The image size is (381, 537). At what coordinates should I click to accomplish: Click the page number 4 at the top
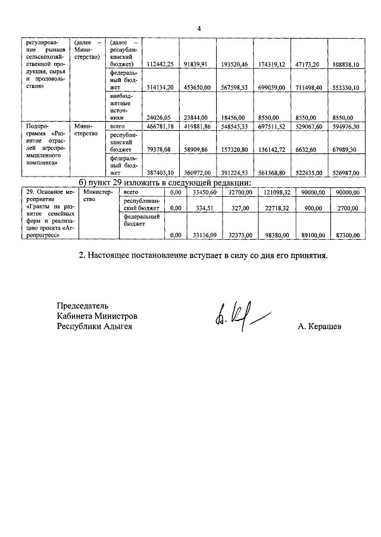tap(199, 28)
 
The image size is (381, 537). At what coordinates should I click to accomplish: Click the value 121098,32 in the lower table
tap(273, 193)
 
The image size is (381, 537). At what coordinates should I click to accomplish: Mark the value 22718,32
tap(273, 209)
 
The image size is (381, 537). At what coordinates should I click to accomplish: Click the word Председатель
tap(83, 306)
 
